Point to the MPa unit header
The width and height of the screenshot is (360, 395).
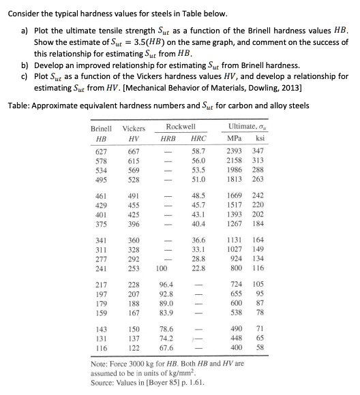click(235, 138)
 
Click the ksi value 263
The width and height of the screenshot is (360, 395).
click(258, 180)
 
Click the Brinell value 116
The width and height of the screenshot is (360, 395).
click(101, 347)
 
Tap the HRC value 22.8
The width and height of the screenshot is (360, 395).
click(199, 268)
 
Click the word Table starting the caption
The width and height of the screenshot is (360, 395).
click(18, 106)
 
